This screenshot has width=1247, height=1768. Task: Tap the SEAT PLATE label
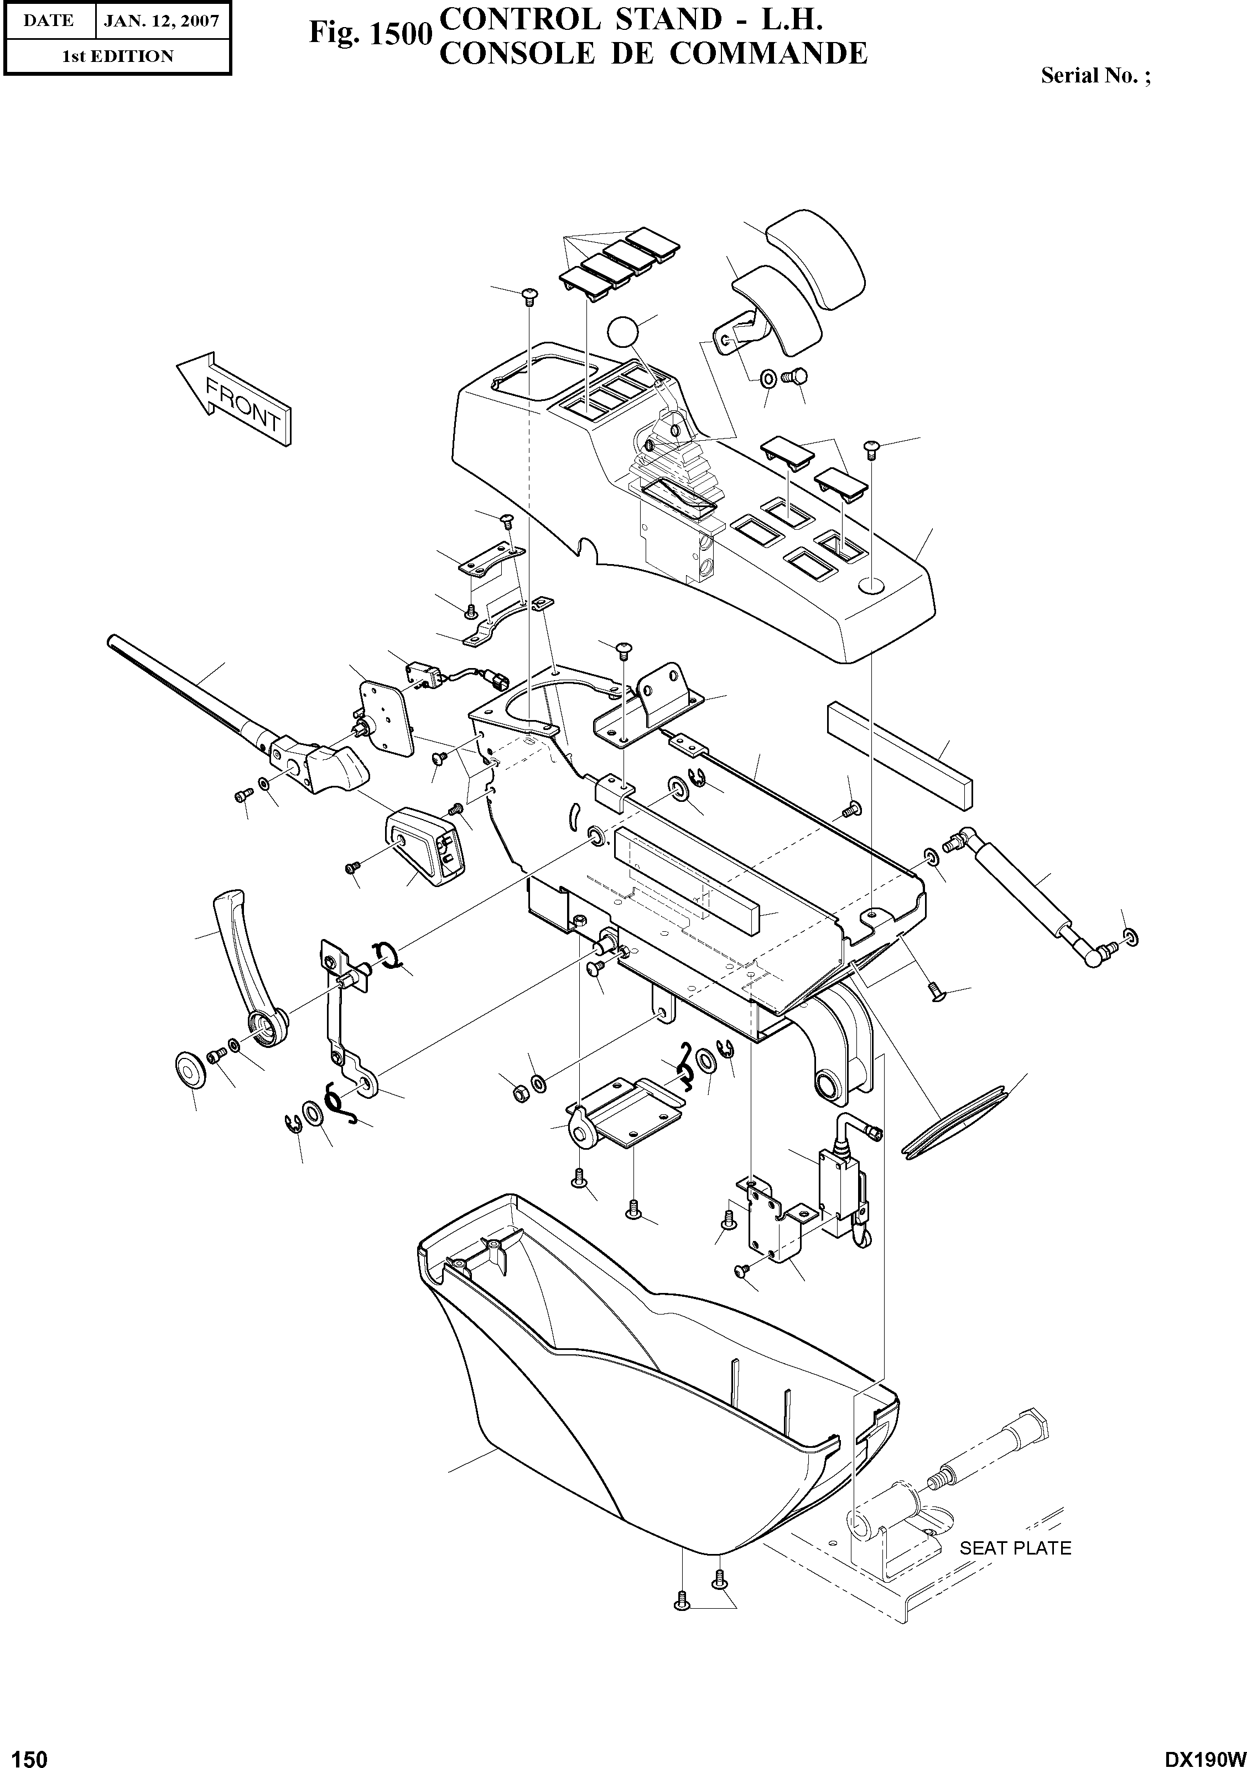tap(1015, 1547)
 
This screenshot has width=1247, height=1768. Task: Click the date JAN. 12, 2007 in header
tap(162, 21)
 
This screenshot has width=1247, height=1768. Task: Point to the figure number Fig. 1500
tap(367, 34)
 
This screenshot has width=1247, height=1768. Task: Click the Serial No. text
tap(1094, 75)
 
